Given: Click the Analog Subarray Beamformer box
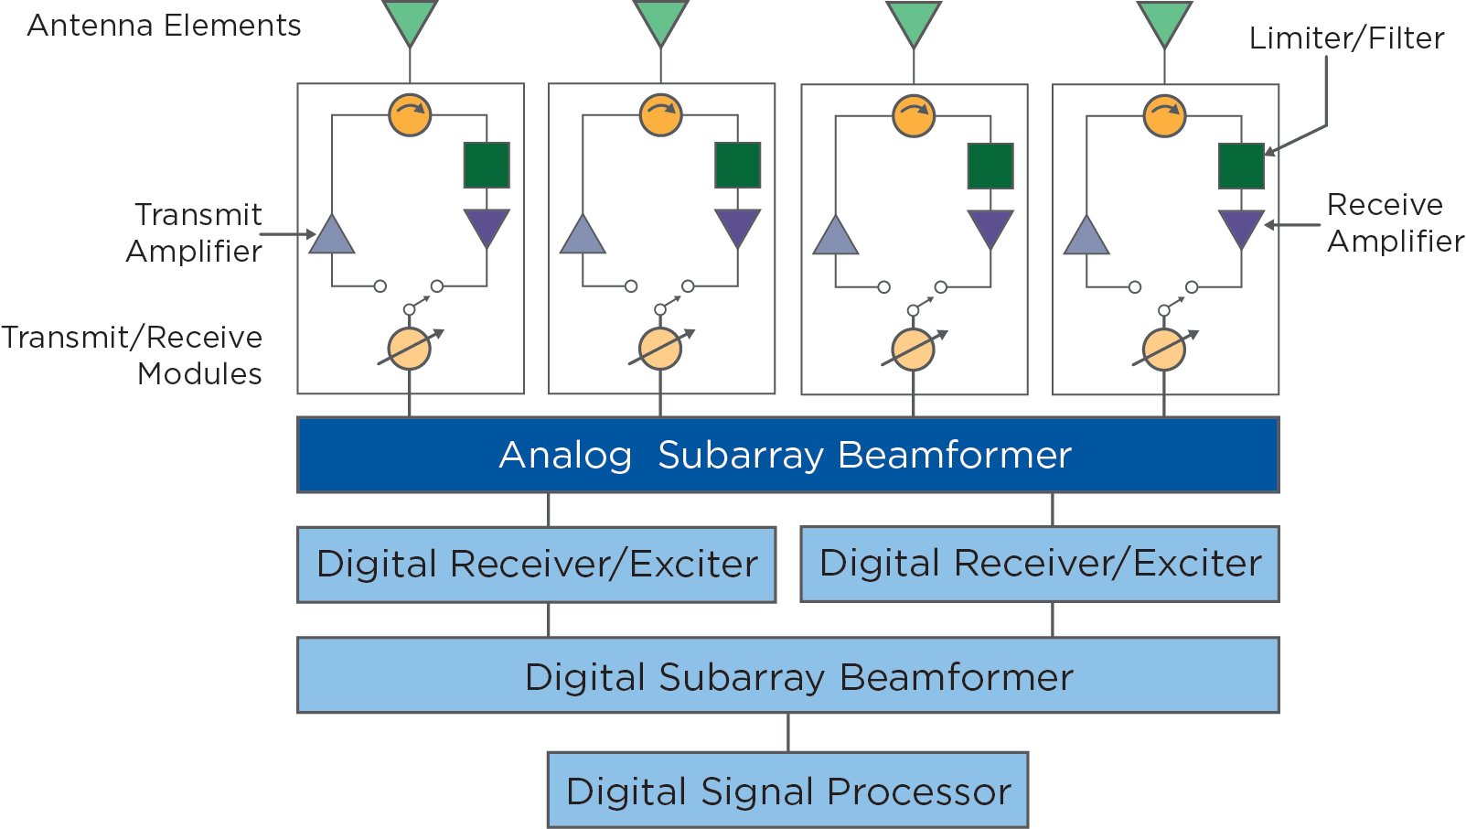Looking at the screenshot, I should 787,455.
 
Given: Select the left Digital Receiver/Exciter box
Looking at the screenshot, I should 537,564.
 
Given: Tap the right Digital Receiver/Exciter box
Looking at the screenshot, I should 1040,564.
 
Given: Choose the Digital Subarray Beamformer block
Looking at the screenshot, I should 787,676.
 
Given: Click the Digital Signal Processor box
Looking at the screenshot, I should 787,791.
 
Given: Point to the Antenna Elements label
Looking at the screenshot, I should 164,26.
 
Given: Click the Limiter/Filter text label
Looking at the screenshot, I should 1346,38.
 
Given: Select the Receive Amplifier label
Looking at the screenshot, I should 1394,222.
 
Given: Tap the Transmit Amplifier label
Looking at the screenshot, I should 195,232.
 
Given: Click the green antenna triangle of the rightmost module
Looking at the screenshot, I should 1164,20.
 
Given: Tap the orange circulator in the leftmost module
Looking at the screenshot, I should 410,115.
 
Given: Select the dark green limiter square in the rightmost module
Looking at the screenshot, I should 1241,166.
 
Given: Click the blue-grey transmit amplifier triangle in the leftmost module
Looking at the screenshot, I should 332,237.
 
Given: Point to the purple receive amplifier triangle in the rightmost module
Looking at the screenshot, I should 1241,226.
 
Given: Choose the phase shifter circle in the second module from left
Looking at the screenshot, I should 660,349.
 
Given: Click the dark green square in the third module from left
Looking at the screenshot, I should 990,166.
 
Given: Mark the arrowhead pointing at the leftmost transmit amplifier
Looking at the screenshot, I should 310,234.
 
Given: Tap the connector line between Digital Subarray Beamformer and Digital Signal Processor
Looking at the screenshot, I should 788,732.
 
